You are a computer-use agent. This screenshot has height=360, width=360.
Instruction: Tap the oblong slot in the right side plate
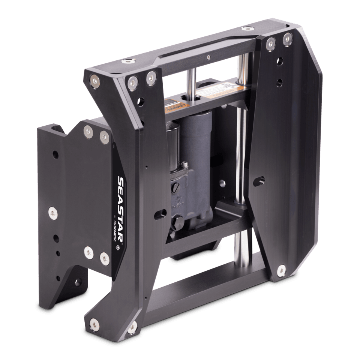click(259, 181)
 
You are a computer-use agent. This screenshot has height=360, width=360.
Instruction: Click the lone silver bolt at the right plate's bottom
click(281, 269)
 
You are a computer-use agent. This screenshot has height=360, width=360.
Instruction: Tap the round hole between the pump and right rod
click(222, 183)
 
